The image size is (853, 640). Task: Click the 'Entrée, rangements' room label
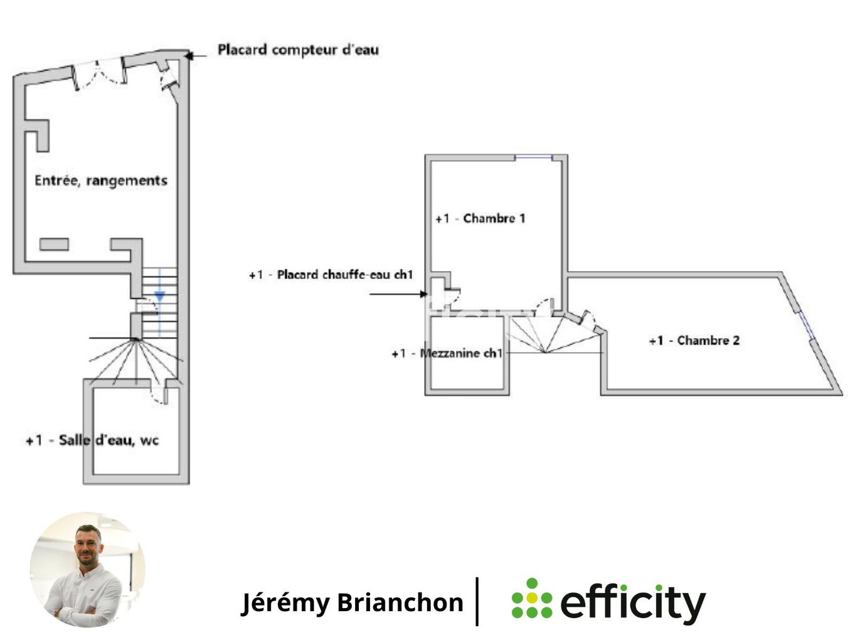click(101, 181)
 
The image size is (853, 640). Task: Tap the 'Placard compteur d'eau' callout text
click(298, 50)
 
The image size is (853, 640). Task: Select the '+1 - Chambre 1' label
click(480, 218)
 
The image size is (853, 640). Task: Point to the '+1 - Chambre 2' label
click(694, 341)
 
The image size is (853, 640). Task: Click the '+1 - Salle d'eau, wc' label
click(92, 440)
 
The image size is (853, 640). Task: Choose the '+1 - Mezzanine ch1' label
click(447, 353)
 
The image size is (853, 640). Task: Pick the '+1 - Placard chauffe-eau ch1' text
click(331, 275)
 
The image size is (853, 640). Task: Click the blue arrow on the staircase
click(159, 296)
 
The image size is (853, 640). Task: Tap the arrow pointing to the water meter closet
click(196, 56)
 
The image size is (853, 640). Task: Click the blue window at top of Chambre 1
click(534, 157)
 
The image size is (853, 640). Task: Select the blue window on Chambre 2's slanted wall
click(806, 326)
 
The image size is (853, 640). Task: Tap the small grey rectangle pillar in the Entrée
click(55, 244)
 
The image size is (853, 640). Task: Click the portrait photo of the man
click(87, 569)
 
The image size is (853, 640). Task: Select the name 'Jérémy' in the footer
click(285, 602)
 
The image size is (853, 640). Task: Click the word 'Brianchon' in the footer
click(400, 602)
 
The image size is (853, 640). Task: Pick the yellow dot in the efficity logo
click(532, 598)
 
